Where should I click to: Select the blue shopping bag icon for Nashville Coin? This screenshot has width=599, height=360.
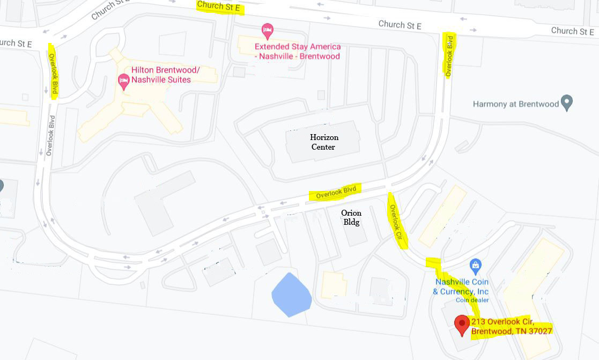tap(475, 265)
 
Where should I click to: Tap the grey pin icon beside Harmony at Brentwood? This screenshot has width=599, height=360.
tap(567, 102)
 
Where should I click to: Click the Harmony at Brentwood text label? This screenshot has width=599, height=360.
tap(515, 104)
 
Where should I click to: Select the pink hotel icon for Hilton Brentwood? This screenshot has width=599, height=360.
tap(123, 81)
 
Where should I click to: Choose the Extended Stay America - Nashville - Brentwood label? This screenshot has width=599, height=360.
tap(297, 52)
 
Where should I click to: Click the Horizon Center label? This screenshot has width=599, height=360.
tap(324, 142)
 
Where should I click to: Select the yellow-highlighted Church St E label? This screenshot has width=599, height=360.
tap(219, 6)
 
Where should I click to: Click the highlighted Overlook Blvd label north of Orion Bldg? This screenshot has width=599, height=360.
tap(336, 192)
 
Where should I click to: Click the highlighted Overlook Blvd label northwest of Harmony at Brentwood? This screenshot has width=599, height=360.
tap(449, 55)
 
